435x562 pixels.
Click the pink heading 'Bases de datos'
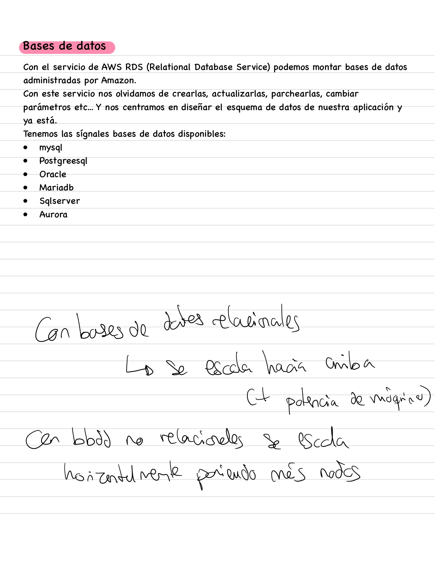coord(64,46)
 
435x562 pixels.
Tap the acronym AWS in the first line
coord(111,67)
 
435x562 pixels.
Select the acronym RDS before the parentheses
coord(134,67)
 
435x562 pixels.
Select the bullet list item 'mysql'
coord(51,148)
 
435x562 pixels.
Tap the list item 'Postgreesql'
coord(63,161)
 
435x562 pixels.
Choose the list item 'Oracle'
coord(53,174)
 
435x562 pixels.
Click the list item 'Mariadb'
coord(56,188)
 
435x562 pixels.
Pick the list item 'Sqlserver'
coord(60,201)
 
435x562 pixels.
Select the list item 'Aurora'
coord(53,214)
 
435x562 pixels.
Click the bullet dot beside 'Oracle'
coord(25,174)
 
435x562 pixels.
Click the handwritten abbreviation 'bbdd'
coord(92,439)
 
